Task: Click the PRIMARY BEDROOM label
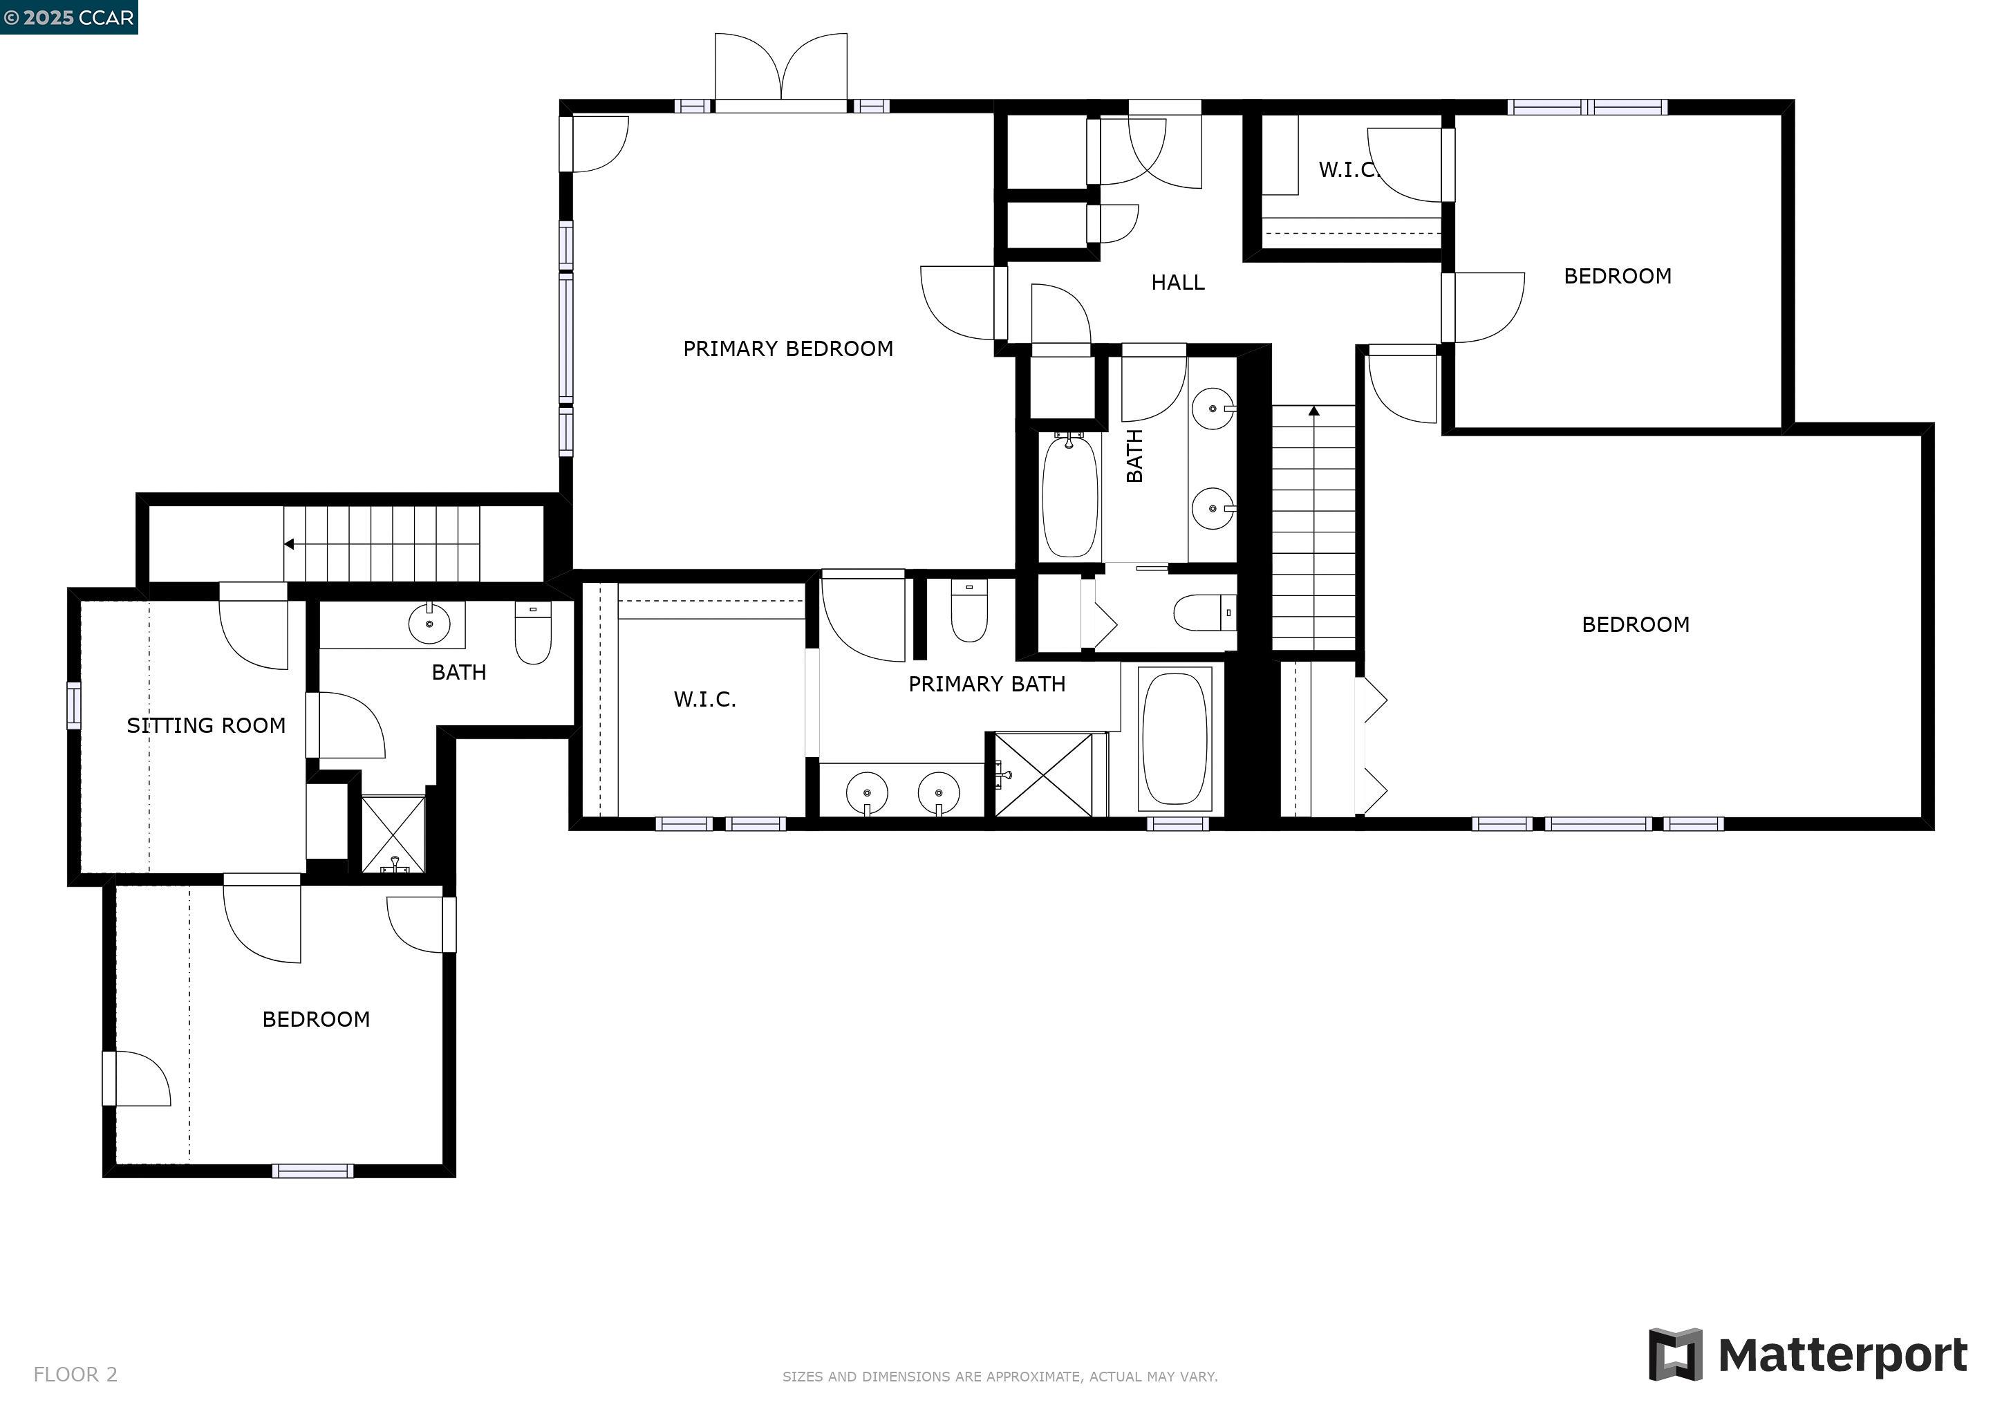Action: [x=787, y=348]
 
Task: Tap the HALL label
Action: [x=1177, y=283]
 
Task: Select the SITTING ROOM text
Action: [x=206, y=725]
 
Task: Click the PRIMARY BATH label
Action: [x=986, y=684]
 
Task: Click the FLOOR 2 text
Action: [x=75, y=1374]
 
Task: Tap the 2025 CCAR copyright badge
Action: [x=69, y=17]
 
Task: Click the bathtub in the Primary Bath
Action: [x=1175, y=738]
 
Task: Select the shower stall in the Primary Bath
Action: [x=1043, y=775]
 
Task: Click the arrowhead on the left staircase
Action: [x=288, y=544]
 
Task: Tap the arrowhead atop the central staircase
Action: [x=1314, y=411]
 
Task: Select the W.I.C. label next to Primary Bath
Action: [x=704, y=699]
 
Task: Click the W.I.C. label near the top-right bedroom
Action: [x=1347, y=170]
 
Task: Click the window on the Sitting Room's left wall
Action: [x=74, y=705]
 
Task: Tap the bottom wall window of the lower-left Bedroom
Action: [x=312, y=1171]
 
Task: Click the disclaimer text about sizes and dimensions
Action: [x=999, y=1377]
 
